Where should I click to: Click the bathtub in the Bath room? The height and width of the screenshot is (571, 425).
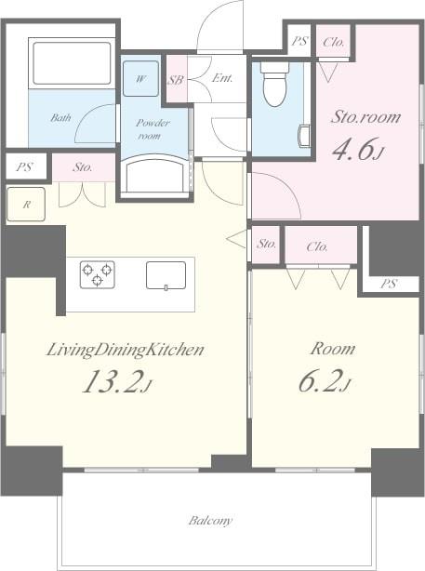pyautogui.click(x=71, y=63)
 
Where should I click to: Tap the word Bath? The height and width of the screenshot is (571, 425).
pyautogui.click(x=61, y=118)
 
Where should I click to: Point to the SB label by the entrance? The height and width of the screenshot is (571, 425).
pyautogui.click(x=175, y=80)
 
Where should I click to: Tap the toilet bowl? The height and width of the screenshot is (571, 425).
pyautogui.click(x=274, y=85)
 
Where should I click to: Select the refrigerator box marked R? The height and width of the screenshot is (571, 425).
pyautogui.click(x=26, y=204)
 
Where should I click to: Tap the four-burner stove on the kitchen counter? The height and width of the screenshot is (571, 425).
pyautogui.click(x=98, y=273)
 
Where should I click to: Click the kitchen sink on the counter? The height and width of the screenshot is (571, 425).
pyautogui.click(x=166, y=274)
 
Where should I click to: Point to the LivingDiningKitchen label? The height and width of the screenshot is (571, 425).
pyautogui.click(x=126, y=350)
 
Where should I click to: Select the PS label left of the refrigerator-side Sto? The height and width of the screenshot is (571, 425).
pyautogui.click(x=24, y=167)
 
